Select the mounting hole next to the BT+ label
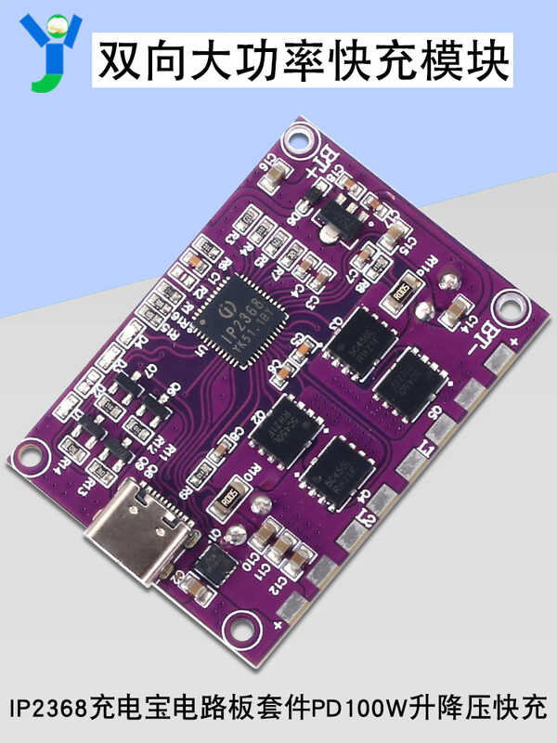tap(299, 140)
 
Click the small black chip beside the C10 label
tap(214, 565)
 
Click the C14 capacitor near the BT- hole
tap(458, 308)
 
